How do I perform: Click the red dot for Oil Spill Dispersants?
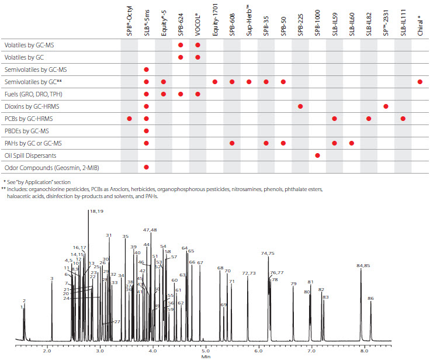pyautogui.click(x=317, y=155)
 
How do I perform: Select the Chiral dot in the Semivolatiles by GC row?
pyautogui.click(x=420, y=82)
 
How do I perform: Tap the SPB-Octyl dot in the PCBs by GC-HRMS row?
pyautogui.click(x=130, y=119)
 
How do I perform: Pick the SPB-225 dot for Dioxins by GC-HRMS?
pyautogui.click(x=300, y=106)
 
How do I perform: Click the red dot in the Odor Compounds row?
pyautogui.click(x=147, y=168)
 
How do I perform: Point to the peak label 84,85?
pyautogui.click(x=363, y=266)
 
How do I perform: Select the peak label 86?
pyautogui.click(x=370, y=299)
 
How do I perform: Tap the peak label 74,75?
pyautogui.click(x=268, y=254)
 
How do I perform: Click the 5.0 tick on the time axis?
pyautogui.click(x=205, y=351)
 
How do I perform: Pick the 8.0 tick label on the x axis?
pyautogui.click(x=364, y=351)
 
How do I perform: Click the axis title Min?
pyautogui.click(x=206, y=356)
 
